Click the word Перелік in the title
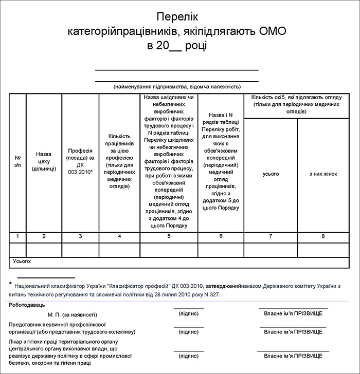click(x=177, y=17)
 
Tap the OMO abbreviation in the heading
click(x=273, y=31)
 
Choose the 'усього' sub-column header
click(x=271, y=174)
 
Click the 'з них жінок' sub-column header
click(x=323, y=174)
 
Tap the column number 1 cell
click(x=17, y=236)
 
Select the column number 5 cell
click(x=169, y=236)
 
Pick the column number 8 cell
click(x=323, y=236)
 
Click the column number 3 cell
click(x=80, y=236)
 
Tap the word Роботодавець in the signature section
click(x=26, y=305)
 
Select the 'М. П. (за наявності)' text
click(x=72, y=313)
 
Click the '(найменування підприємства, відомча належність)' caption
click(x=177, y=86)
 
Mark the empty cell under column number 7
click(x=271, y=249)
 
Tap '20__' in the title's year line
click(x=165, y=46)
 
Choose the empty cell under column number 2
click(x=44, y=249)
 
